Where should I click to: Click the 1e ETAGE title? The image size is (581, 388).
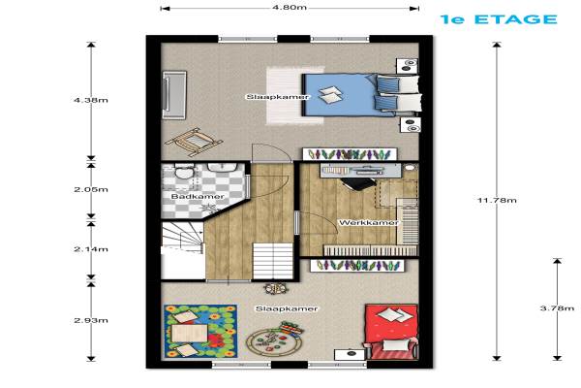[x=499, y=19]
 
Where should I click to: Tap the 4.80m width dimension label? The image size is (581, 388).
[x=290, y=8]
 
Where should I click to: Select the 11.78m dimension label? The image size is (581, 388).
[x=497, y=200]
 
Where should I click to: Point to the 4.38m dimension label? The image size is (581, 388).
[x=91, y=100]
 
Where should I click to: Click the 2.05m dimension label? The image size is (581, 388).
[x=91, y=189]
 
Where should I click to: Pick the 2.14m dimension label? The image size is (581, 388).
[x=91, y=248]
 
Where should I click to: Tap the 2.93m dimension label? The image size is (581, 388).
[x=91, y=320]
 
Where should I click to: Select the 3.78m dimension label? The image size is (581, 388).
[x=557, y=308]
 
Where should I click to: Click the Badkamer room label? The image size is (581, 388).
[x=198, y=196]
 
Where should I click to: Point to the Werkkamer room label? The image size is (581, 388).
[x=369, y=223]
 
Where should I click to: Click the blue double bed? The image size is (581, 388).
[x=361, y=94]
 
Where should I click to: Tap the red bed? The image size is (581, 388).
[x=391, y=332]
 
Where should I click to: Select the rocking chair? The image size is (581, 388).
[x=194, y=142]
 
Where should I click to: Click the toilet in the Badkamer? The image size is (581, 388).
[x=184, y=172]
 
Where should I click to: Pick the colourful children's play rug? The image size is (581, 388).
[x=200, y=332]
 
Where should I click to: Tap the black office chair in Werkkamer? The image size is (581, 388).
[x=357, y=183]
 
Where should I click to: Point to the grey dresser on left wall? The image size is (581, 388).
[x=174, y=95]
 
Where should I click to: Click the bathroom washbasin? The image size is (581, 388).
[x=223, y=168]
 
